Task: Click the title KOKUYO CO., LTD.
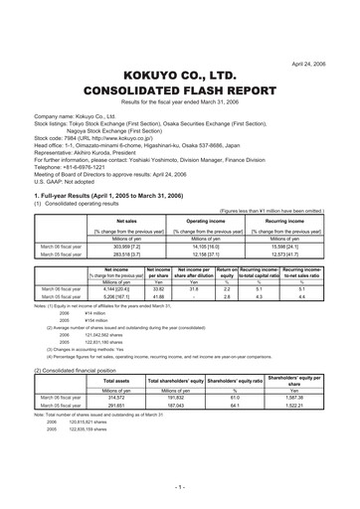tap(180, 46)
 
